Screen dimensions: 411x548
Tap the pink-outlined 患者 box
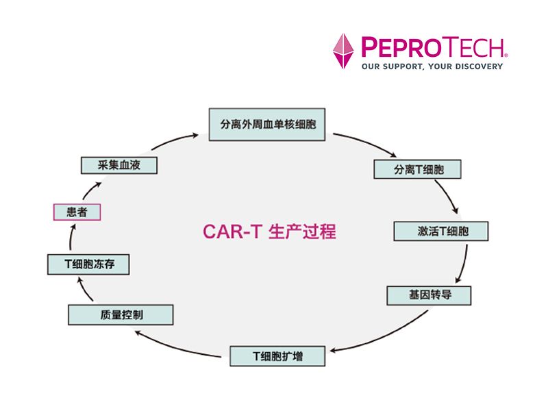coord(77,212)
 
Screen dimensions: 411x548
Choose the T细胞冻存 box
coord(88,264)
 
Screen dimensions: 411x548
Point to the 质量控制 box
coord(121,314)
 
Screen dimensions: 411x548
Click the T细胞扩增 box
coord(277,356)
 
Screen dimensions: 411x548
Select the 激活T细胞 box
coord(442,231)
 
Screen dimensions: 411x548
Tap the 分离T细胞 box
coord(418,169)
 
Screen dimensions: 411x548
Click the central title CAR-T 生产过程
coord(269,231)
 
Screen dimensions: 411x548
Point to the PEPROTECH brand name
coord(434,47)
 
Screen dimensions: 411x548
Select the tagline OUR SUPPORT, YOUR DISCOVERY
coord(432,66)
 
